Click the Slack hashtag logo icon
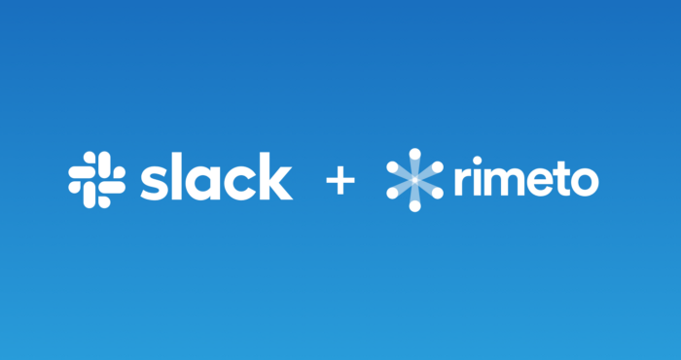[97, 179]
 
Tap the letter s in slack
[154, 183]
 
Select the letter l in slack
[176, 176]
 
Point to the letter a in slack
[202, 183]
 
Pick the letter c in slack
[239, 183]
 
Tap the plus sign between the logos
[340, 180]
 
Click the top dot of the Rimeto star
[414, 154]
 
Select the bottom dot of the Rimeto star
[414, 205]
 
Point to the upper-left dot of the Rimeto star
[393, 167]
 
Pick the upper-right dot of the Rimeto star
[438, 167]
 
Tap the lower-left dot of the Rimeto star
[393, 193]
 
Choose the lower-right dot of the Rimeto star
[438, 193]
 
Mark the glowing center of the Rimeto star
[414, 180]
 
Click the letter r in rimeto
[462, 181]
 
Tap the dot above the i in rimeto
[478, 161]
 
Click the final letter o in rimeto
[585, 182]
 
